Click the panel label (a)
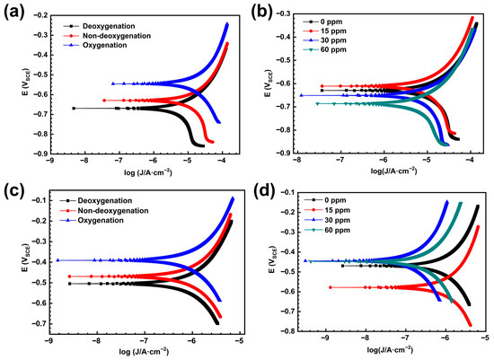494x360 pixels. [15, 12]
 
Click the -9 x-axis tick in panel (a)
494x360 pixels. [49, 162]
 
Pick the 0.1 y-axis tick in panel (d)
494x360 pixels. [286, 191]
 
